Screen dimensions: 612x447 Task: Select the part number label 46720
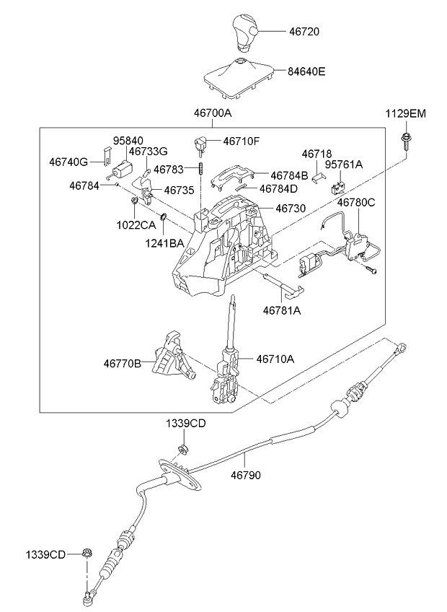tap(304, 32)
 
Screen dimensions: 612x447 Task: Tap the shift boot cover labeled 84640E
tap(239, 75)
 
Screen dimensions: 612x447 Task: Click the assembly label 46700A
tap(212, 113)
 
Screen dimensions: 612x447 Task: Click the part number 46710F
tap(241, 141)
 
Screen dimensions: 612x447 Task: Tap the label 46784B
tap(289, 175)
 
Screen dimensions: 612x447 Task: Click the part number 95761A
tap(343, 165)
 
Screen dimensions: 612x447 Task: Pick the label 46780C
tap(356, 203)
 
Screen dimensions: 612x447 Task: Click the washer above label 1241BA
tap(164, 217)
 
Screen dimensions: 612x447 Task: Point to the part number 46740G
tap(69, 162)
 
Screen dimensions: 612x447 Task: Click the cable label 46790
tap(246, 476)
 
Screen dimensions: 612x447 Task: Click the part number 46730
tap(289, 208)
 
